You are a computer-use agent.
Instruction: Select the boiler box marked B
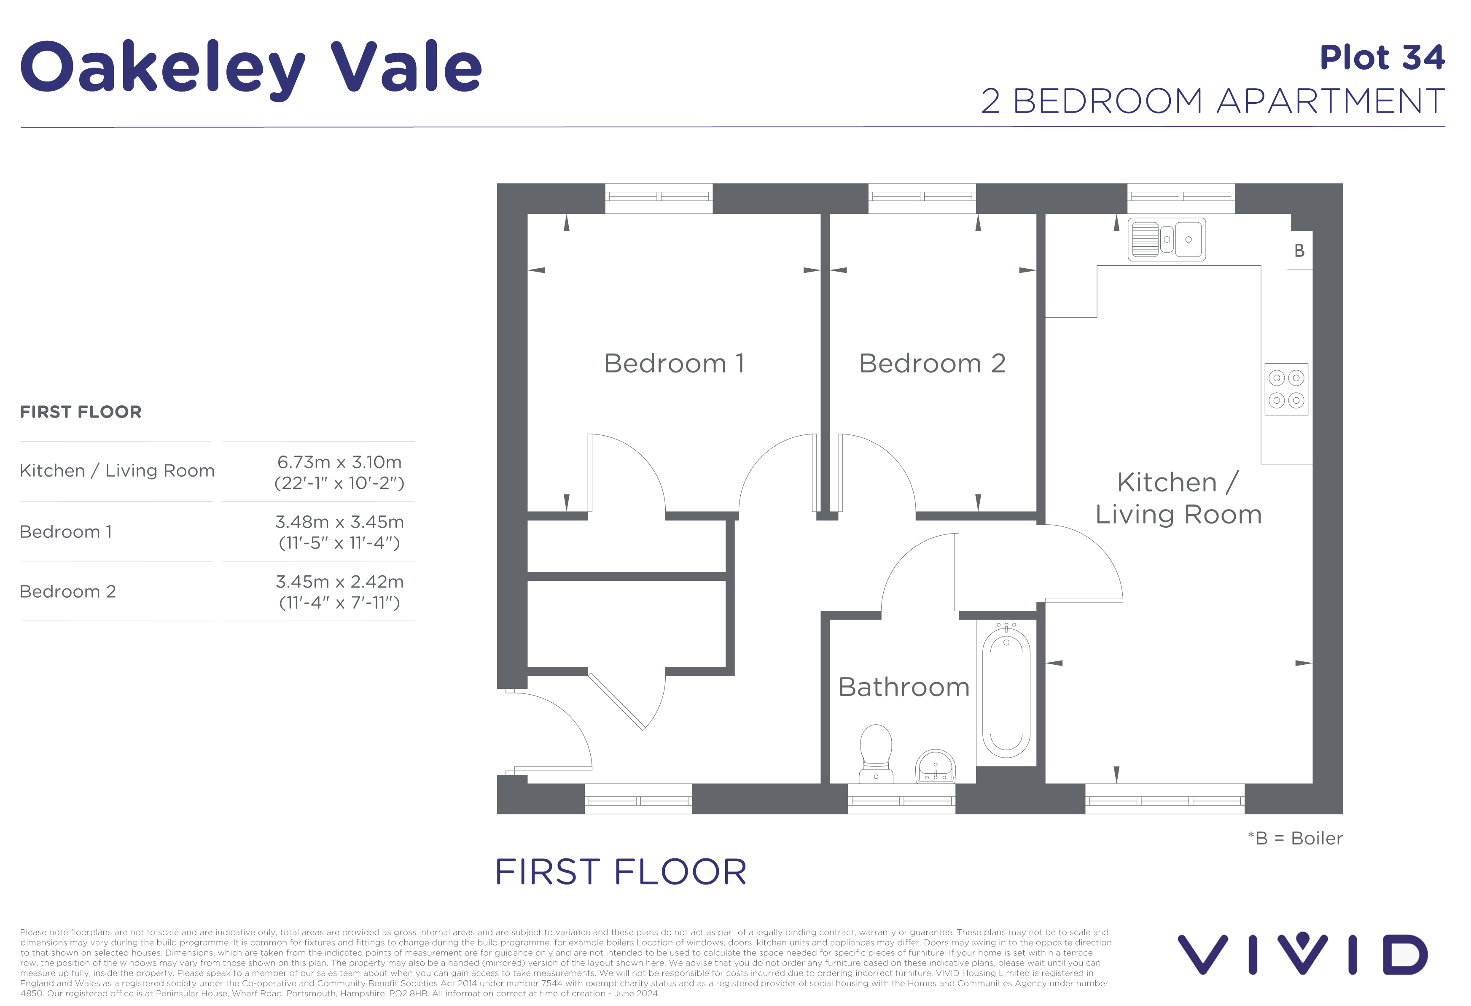tap(1299, 251)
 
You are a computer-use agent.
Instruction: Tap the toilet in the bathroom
tap(876, 753)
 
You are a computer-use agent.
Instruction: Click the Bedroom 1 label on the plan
tap(674, 364)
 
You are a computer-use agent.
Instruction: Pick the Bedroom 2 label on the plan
tap(932, 364)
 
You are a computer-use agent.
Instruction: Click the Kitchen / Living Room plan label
tap(1178, 498)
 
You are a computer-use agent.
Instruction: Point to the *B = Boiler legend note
tap(1294, 838)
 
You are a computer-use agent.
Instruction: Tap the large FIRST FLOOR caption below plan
tap(620, 872)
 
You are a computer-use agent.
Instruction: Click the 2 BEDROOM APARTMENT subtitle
tap(1212, 101)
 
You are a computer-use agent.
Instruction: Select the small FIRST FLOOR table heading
tap(81, 412)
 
